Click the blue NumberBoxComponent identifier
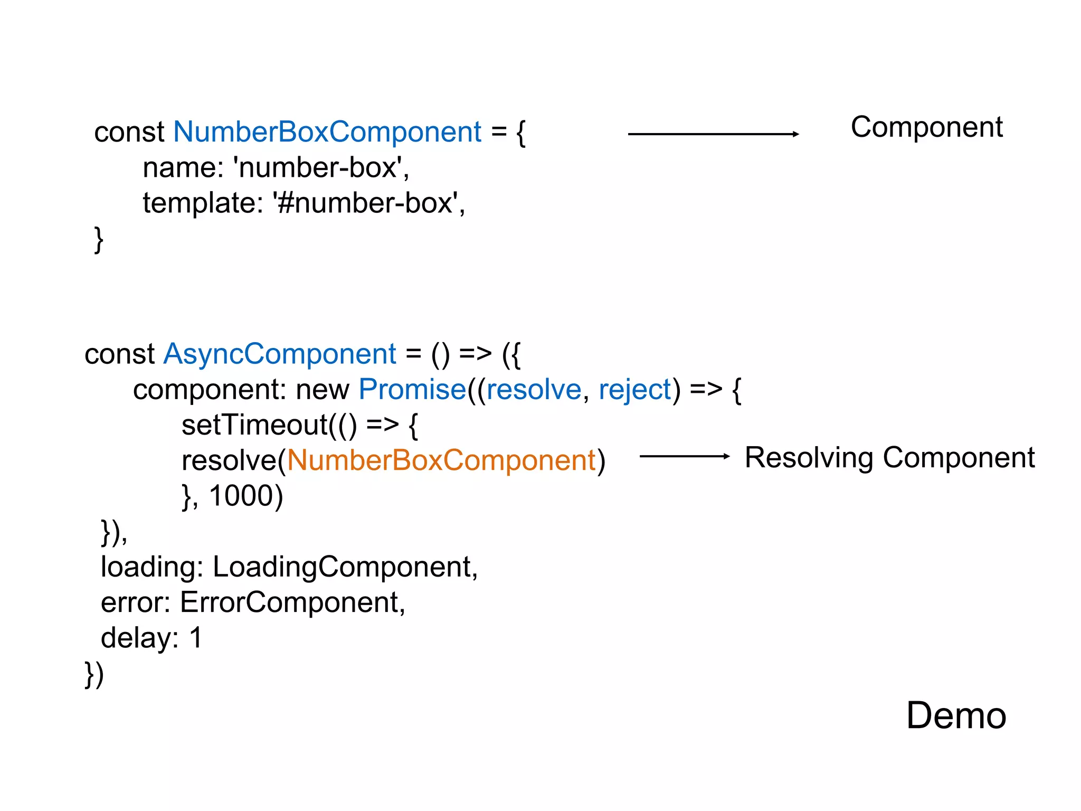pos(327,131)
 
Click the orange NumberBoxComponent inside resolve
pos(441,460)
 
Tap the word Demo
pos(956,715)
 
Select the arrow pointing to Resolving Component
pos(684,456)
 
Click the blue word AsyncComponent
pos(280,354)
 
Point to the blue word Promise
pos(412,390)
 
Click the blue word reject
pos(635,390)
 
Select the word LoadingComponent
pos(342,567)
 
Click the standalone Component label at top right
pos(926,127)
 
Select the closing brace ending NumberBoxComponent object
pos(98,239)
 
